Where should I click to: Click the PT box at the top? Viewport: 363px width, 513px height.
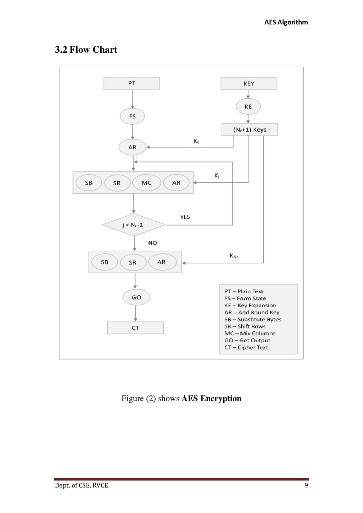(x=132, y=84)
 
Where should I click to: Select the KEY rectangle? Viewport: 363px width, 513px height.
(x=249, y=84)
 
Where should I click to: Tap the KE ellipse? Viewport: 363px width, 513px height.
(x=248, y=107)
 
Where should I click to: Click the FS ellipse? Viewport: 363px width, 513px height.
(x=132, y=116)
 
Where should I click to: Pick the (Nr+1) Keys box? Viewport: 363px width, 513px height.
(x=250, y=130)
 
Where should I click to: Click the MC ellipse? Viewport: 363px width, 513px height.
(x=146, y=183)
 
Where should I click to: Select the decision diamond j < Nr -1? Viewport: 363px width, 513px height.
(x=134, y=225)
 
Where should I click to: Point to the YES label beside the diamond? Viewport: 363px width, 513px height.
(x=185, y=217)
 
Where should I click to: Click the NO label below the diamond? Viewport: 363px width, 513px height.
(x=152, y=243)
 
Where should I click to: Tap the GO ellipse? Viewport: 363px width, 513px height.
(x=136, y=297)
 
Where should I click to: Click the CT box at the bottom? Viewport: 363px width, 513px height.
(x=135, y=328)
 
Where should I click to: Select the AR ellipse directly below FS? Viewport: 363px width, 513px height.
(x=132, y=147)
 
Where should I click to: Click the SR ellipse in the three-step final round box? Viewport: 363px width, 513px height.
(x=133, y=263)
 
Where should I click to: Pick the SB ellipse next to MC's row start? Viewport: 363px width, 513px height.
(x=89, y=183)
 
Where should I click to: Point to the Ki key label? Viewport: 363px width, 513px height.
(x=217, y=176)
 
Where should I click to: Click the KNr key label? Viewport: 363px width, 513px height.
(x=234, y=256)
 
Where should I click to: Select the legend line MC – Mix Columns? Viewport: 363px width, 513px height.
(x=250, y=334)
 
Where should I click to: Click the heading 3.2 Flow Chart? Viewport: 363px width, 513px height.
(x=86, y=50)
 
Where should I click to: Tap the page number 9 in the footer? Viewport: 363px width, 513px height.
(x=306, y=485)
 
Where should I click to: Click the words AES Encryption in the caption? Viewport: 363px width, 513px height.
(x=211, y=399)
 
